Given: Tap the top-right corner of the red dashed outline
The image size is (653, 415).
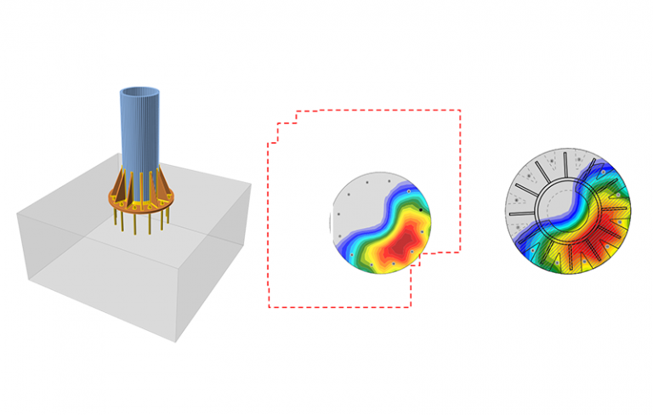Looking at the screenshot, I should [460, 110].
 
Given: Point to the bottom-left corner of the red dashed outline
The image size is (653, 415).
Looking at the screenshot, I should [269, 306].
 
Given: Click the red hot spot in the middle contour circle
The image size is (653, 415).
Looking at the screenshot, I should [397, 247].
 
